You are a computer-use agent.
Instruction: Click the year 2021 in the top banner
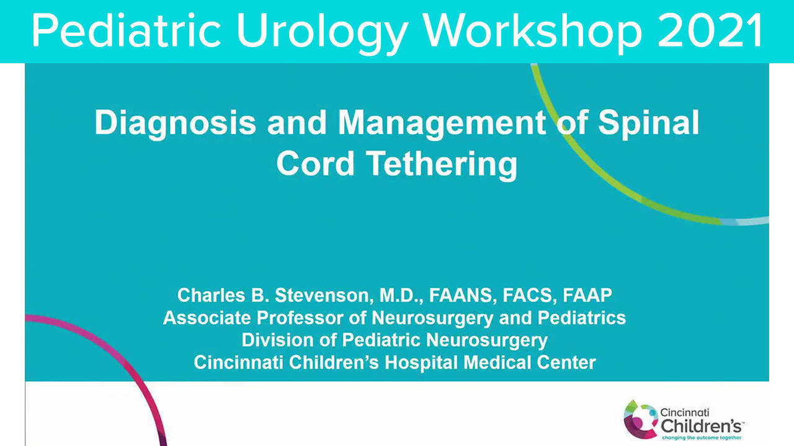(710, 30)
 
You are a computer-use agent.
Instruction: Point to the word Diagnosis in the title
(175, 123)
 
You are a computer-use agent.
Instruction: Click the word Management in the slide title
(442, 123)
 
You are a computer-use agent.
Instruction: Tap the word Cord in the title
(315, 164)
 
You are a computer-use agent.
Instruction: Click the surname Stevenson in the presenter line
(324, 295)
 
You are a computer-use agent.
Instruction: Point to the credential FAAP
(587, 295)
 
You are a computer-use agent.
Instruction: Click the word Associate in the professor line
(207, 318)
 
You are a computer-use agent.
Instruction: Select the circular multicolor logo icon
(641, 419)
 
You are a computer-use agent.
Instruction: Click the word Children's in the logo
(701, 426)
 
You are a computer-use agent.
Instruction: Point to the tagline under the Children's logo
(702, 438)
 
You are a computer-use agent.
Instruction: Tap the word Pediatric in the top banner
(126, 30)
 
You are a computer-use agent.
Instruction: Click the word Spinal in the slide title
(648, 123)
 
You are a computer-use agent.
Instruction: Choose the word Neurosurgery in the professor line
(432, 318)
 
